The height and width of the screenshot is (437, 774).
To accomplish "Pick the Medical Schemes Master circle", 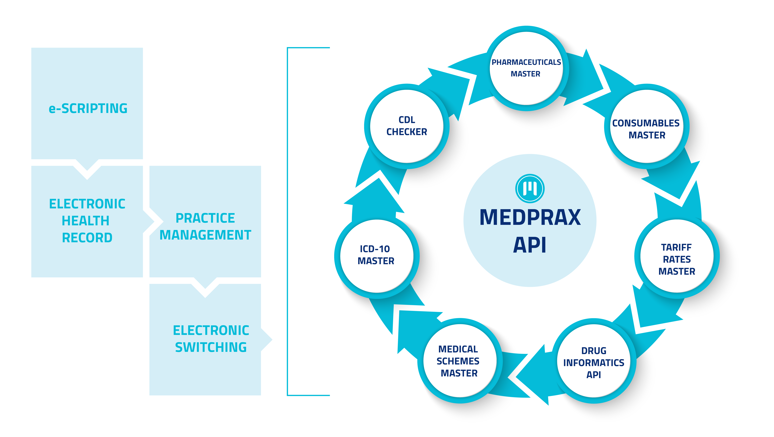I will (459, 360).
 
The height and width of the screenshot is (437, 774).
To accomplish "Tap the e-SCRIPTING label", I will (88, 108).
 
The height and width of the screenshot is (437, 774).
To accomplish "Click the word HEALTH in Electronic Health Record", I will (86, 221).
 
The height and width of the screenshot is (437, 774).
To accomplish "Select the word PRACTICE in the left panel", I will (205, 218).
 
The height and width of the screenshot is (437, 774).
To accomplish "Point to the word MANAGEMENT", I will (205, 235).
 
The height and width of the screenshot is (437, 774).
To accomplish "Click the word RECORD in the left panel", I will (87, 238).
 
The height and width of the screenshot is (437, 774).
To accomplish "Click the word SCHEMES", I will (458, 361).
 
